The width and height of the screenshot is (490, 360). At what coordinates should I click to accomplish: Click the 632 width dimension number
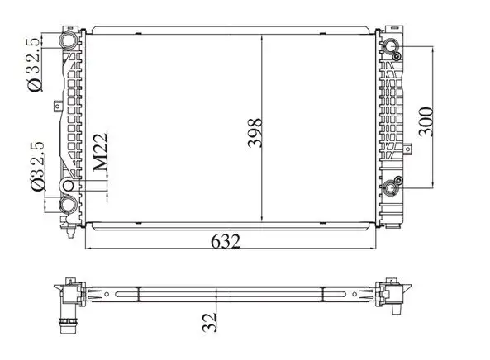[226, 241]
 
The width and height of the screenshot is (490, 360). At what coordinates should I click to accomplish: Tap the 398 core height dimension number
[255, 132]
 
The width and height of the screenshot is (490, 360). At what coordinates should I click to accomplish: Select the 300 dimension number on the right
[426, 121]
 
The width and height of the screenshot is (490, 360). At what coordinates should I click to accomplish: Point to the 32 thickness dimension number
[209, 322]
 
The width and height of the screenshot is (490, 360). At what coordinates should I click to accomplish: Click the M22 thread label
[101, 152]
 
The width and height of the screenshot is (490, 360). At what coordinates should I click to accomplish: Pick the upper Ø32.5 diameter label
[34, 65]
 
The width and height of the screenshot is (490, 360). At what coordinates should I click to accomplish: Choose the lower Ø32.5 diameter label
[38, 166]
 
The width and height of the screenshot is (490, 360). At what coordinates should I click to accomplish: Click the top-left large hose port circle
[68, 40]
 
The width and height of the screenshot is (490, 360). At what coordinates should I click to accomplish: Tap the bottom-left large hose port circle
[68, 205]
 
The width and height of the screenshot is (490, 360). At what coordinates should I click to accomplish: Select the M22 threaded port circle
[68, 186]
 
